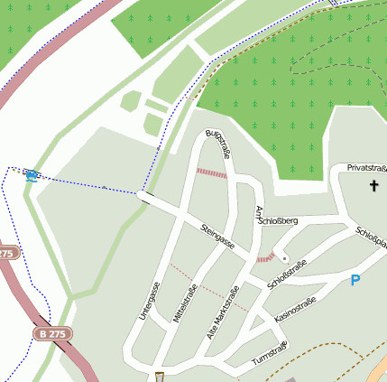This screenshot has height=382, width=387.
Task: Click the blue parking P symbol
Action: point(355,281)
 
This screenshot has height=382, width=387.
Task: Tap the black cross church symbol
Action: point(374,186)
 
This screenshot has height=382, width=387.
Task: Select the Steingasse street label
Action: point(218,238)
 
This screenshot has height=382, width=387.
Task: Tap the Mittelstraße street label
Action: point(184,305)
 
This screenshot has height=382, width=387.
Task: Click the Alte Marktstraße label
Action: point(223,312)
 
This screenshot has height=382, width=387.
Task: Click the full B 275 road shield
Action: point(51,333)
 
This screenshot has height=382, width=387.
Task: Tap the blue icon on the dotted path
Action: point(32,174)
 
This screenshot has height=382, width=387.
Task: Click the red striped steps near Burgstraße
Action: point(212,172)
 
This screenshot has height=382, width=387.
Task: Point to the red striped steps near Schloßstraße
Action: point(264,259)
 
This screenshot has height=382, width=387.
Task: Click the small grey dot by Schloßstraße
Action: point(284,258)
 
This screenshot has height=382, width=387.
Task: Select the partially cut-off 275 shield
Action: point(7,253)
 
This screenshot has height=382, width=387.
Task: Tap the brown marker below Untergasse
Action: point(161,376)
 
